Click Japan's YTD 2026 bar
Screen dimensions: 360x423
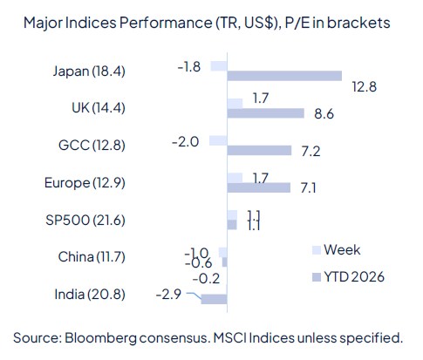[x=284, y=76]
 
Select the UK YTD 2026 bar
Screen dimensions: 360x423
[x=265, y=113]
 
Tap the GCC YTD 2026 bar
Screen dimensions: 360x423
[x=259, y=151]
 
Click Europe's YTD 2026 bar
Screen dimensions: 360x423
[x=258, y=187]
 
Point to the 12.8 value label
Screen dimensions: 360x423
[x=364, y=85]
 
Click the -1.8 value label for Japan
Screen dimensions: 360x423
[x=190, y=65]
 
